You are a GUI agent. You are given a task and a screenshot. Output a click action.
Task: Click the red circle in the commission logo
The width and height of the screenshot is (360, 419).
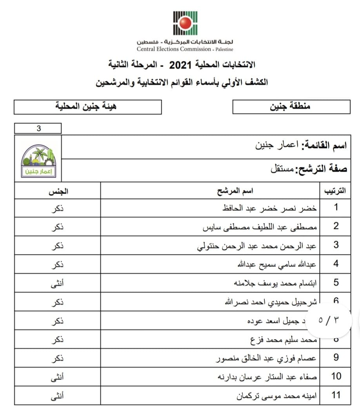pyautogui.click(x=185, y=24)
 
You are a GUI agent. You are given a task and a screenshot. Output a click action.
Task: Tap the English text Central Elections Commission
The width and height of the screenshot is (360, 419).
pyautogui.click(x=174, y=49)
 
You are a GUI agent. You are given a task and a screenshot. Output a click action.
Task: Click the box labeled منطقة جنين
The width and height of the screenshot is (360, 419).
pyautogui.click(x=291, y=106)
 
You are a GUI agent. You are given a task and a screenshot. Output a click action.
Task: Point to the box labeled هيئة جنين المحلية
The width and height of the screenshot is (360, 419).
pyautogui.click(x=87, y=106)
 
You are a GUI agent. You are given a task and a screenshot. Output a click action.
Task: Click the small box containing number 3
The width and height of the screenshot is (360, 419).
pyautogui.click(x=38, y=128)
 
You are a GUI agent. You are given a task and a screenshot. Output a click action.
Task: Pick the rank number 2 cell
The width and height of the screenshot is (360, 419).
pyautogui.click(x=336, y=226)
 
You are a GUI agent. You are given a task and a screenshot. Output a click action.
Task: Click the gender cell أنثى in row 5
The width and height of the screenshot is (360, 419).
pyautogui.click(x=58, y=283)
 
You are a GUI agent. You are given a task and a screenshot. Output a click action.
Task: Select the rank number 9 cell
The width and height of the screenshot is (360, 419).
pyautogui.click(x=336, y=358)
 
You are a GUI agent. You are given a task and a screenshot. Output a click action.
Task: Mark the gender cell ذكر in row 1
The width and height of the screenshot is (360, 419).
pyautogui.click(x=58, y=208)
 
